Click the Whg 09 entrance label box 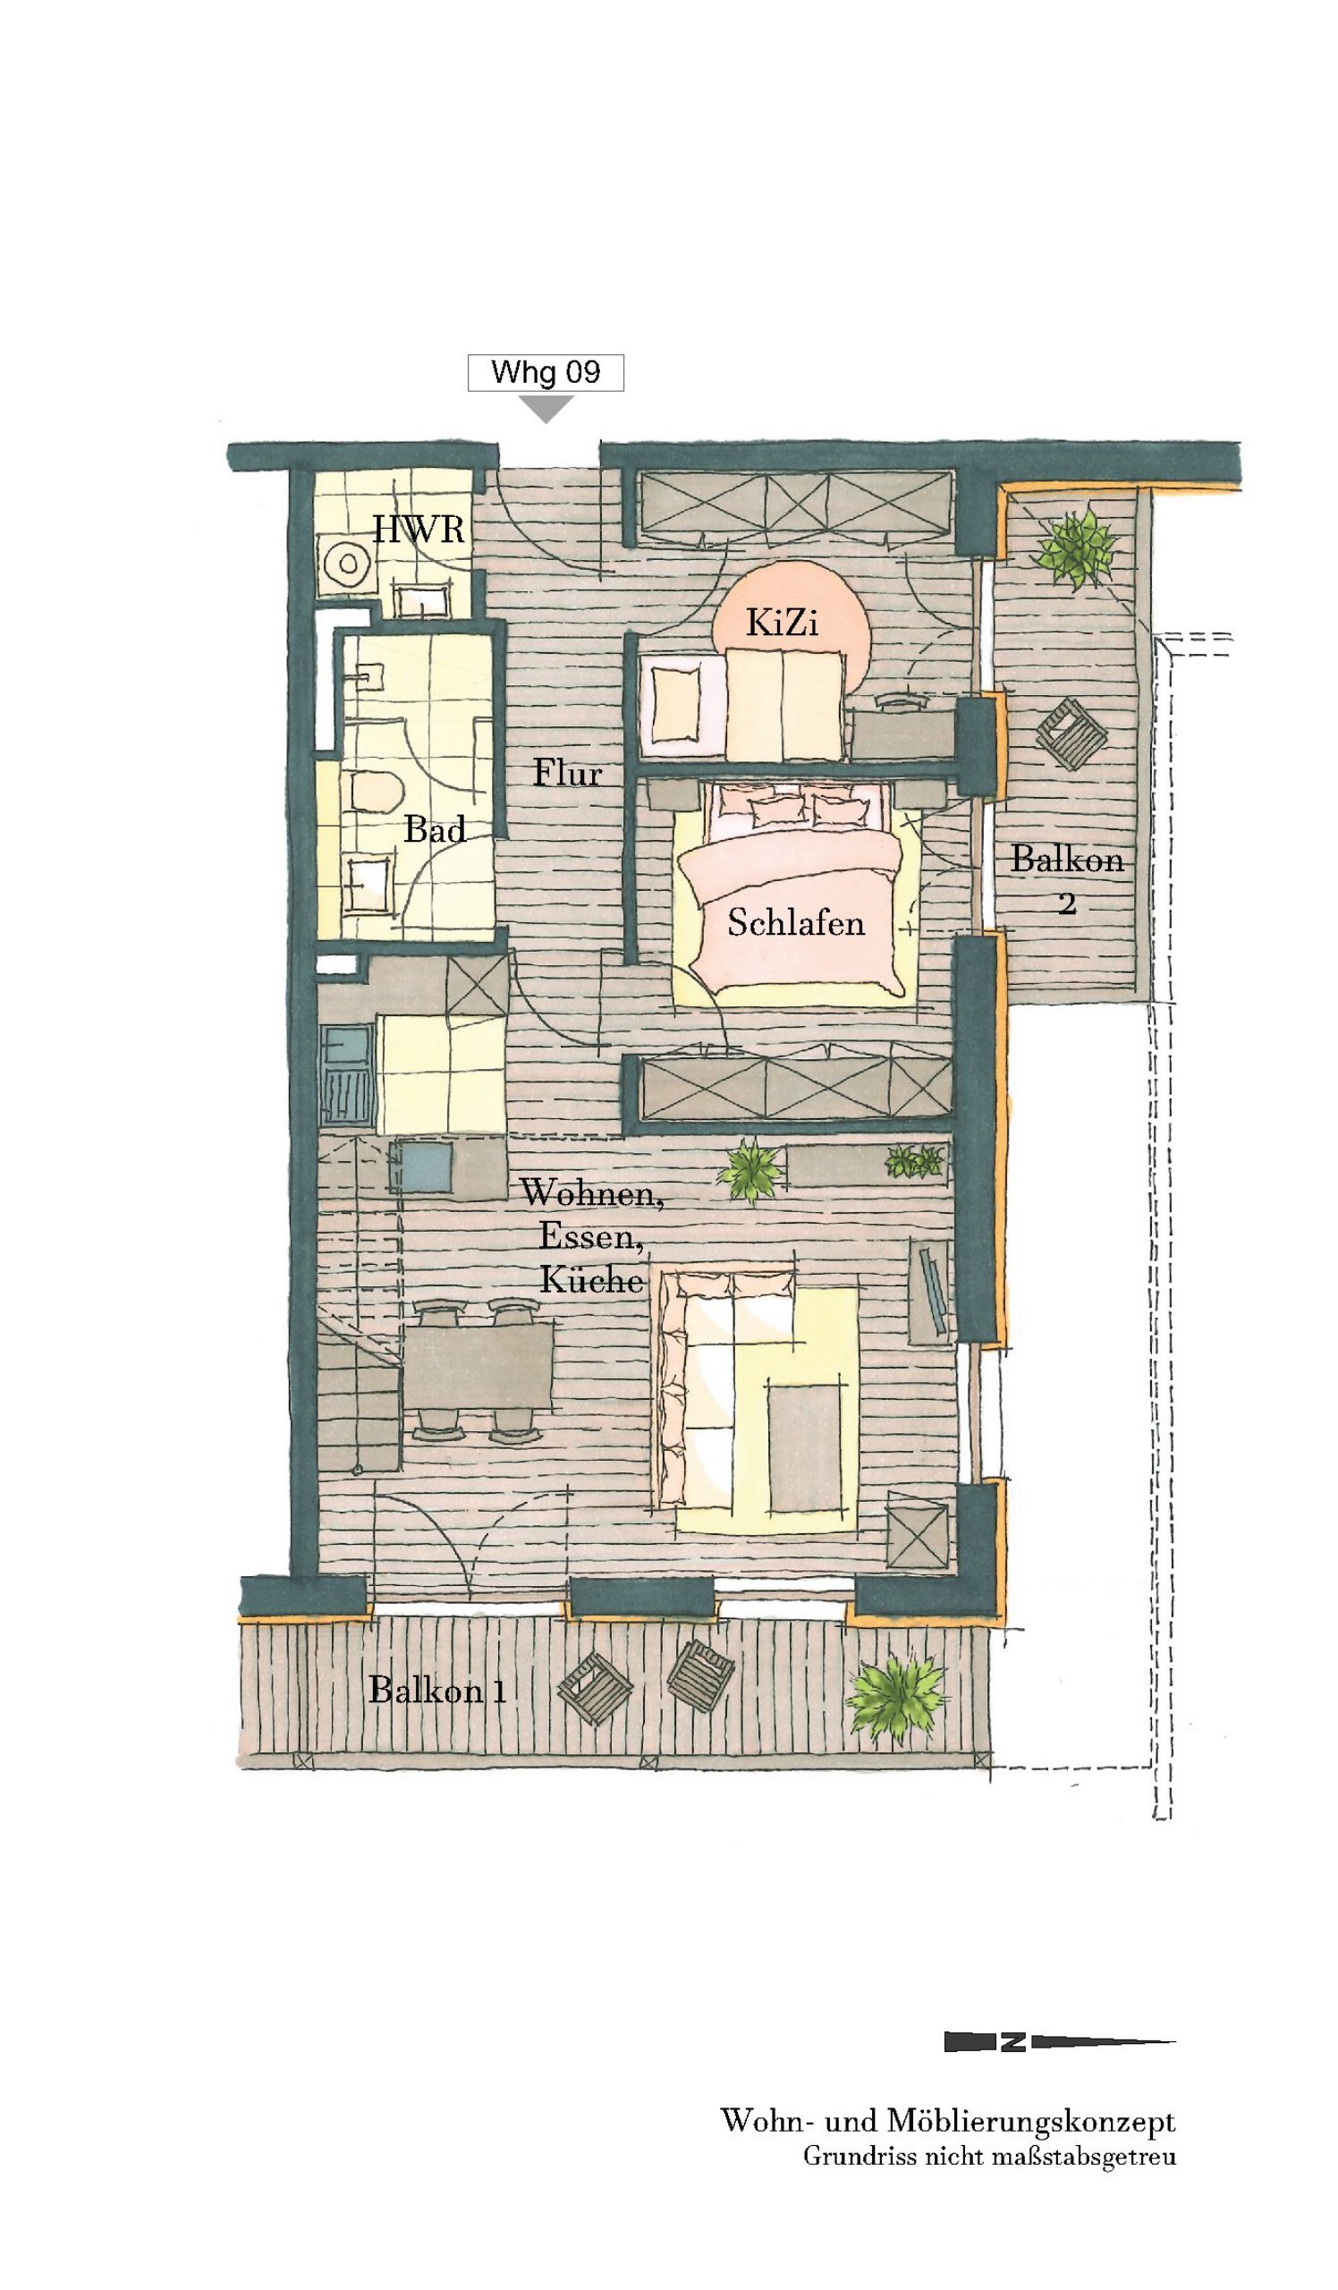[x=545, y=373]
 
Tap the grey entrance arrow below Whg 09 [x=545, y=407]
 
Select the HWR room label [x=419, y=529]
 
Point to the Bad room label [x=435, y=828]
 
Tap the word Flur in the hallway [x=567, y=774]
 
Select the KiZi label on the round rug [x=782, y=623]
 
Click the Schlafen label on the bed [x=796, y=923]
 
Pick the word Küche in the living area [x=591, y=1280]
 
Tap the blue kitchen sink [x=422, y=1167]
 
